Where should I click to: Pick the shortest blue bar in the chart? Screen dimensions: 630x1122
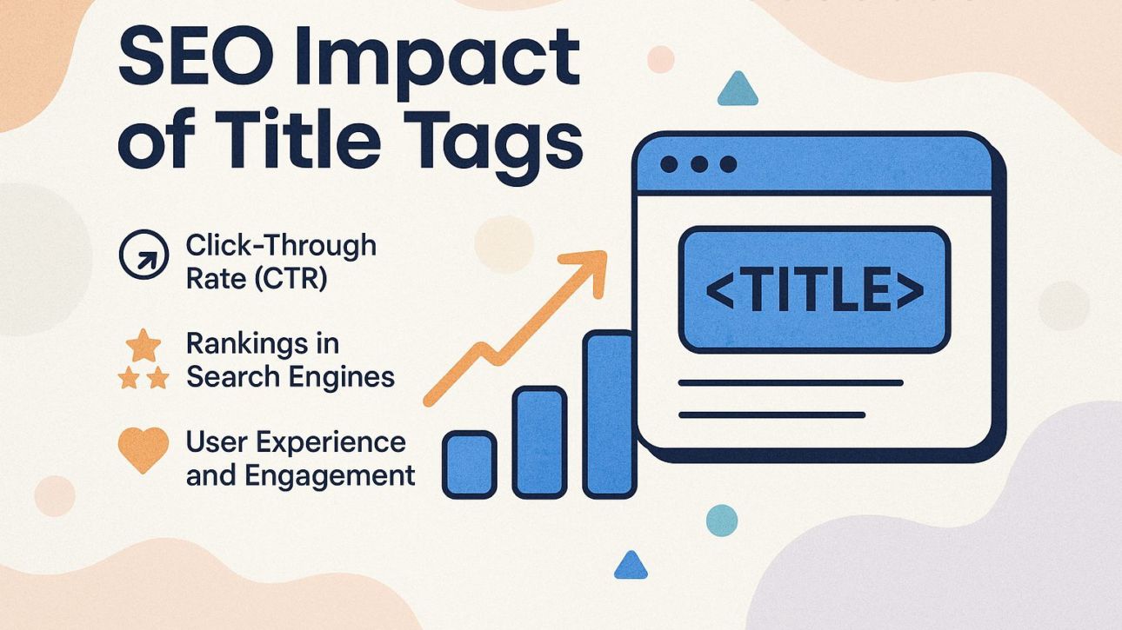click(469, 464)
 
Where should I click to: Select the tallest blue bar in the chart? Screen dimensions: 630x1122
click(609, 414)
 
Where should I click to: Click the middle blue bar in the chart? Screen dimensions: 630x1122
click(539, 442)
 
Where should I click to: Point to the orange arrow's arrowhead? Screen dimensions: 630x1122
click(591, 265)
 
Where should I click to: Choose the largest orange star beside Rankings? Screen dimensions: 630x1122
click(143, 346)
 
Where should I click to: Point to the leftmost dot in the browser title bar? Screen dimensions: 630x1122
click(669, 164)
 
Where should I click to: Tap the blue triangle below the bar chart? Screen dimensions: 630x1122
click(631, 567)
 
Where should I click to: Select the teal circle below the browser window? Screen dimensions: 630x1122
click(721, 520)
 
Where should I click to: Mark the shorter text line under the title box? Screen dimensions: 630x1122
click(771, 414)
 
